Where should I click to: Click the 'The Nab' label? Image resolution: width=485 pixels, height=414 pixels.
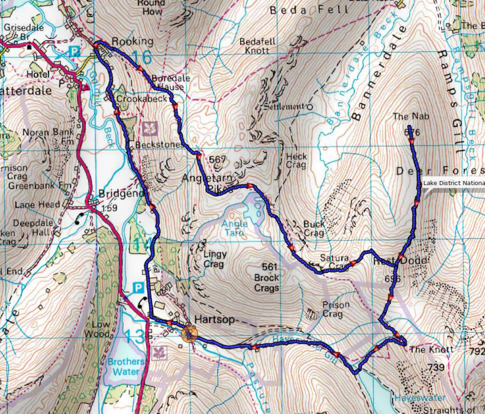[405, 117]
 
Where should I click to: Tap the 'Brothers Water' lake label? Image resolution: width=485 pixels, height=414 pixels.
[125, 367]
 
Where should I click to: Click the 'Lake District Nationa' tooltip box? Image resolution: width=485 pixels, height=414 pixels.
[453, 183]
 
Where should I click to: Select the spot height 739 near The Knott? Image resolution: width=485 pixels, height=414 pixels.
[435, 368]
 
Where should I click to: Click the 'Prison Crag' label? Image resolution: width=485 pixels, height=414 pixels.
[332, 309]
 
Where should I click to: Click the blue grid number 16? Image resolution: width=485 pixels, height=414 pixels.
[142, 57]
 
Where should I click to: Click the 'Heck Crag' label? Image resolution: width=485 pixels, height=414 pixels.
[296, 161]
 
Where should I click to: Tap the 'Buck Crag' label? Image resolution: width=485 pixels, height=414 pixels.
[313, 229]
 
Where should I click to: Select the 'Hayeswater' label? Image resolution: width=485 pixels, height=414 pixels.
[418, 398]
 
